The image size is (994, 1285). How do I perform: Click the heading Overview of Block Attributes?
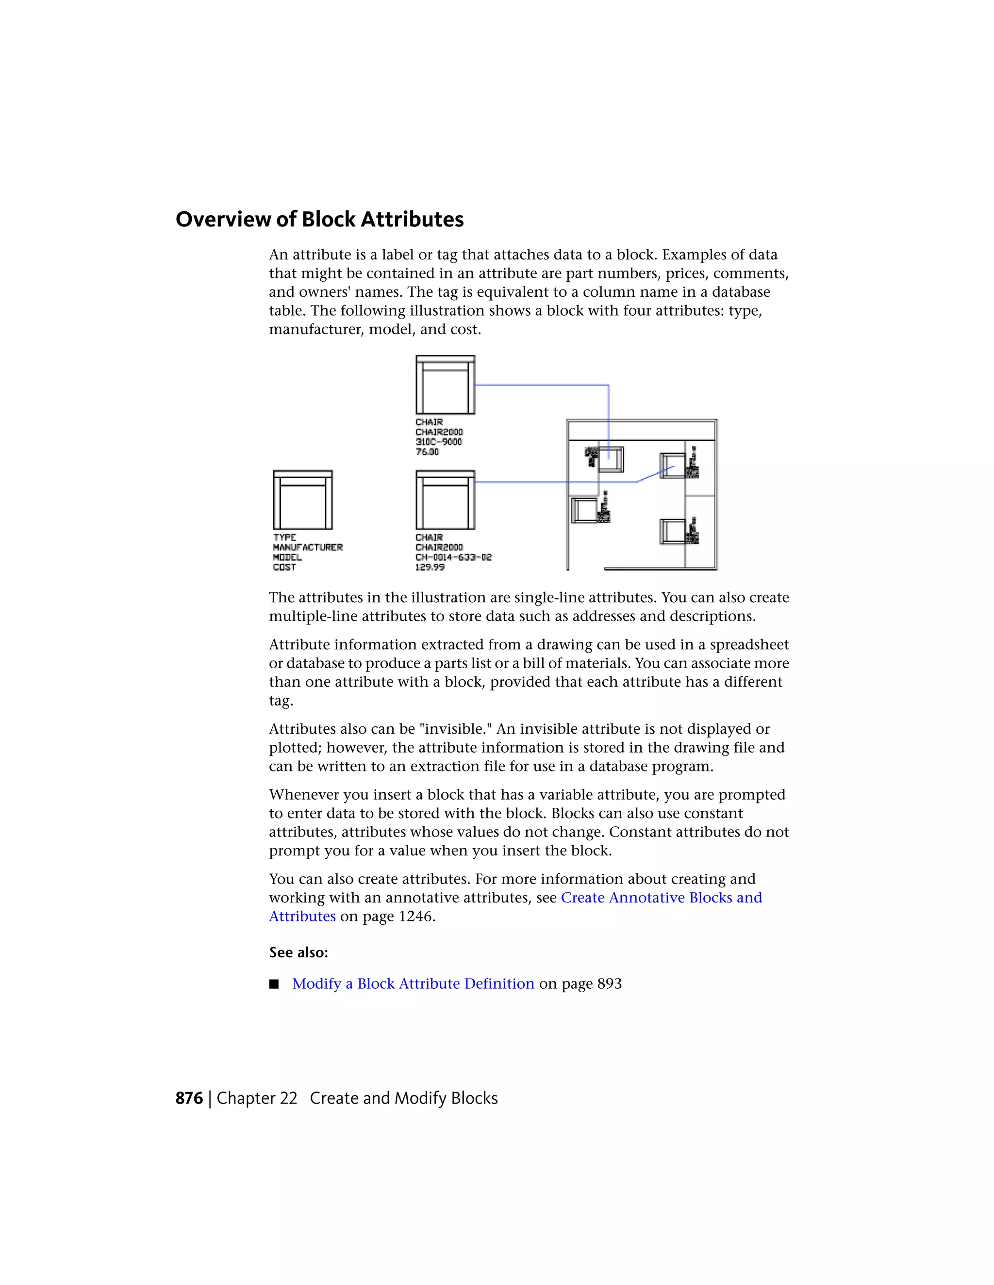click(x=319, y=220)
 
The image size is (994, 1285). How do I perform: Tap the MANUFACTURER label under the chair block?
click(x=307, y=547)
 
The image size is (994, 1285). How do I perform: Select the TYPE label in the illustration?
click(x=284, y=537)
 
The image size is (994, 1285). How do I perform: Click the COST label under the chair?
click(x=284, y=567)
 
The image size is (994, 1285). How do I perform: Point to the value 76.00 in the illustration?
click(x=427, y=452)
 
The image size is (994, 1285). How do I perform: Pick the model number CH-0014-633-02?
click(x=453, y=557)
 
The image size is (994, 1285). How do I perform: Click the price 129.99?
click(x=430, y=567)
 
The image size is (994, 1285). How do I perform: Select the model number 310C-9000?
click(x=439, y=442)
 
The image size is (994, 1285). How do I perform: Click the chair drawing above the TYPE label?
click(x=303, y=500)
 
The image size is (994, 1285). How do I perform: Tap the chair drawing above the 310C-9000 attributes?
click(x=445, y=385)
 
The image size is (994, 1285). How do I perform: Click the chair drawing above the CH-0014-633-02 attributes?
click(x=445, y=500)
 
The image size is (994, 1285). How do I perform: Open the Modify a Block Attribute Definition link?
click(x=413, y=984)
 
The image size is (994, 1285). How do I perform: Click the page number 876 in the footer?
click(x=189, y=1098)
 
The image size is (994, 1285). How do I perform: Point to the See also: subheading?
click(x=298, y=952)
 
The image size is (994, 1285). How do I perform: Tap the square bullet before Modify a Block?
click(x=274, y=984)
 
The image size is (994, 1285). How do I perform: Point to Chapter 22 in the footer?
click(x=257, y=1098)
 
